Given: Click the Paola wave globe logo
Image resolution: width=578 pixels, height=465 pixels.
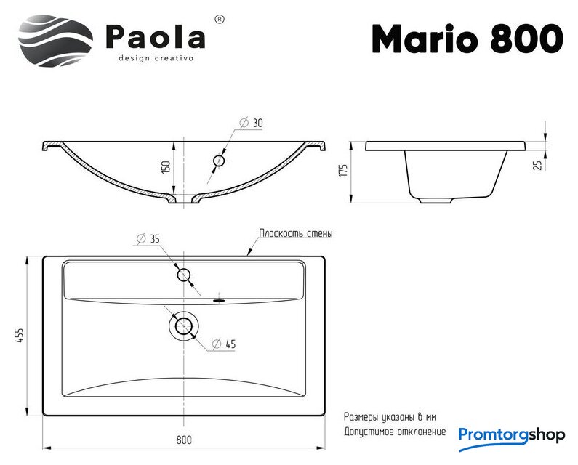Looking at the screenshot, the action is pyautogui.click(x=56, y=41).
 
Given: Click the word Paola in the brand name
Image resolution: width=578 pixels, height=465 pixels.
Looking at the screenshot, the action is pyautogui.click(x=156, y=36).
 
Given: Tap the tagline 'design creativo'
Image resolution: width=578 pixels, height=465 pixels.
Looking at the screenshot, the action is pyautogui.click(x=156, y=58).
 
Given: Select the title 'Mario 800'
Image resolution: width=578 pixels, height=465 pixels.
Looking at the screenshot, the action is pyautogui.click(x=467, y=39).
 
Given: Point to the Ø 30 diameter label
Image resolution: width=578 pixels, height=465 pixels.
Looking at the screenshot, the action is pyautogui.click(x=252, y=123).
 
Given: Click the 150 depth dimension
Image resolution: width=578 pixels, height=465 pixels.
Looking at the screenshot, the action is pyautogui.click(x=166, y=168).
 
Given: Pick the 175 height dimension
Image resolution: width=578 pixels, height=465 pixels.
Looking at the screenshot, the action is pyautogui.click(x=343, y=171).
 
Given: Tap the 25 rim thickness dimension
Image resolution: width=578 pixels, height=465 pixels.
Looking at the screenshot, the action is pyautogui.click(x=539, y=165).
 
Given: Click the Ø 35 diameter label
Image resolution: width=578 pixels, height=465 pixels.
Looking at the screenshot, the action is pyautogui.click(x=148, y=239).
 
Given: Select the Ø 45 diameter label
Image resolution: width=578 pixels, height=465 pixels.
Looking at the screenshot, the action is pyautogui.click(x=224, y=344).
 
